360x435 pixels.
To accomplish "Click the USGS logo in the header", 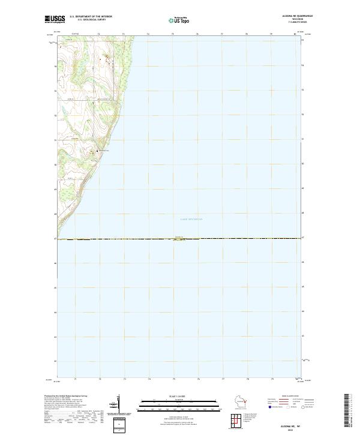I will point(55,19).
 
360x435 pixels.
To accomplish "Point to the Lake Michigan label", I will point(191,220).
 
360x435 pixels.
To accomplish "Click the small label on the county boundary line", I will point(179,238).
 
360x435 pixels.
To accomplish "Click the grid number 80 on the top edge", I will point(295,34).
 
